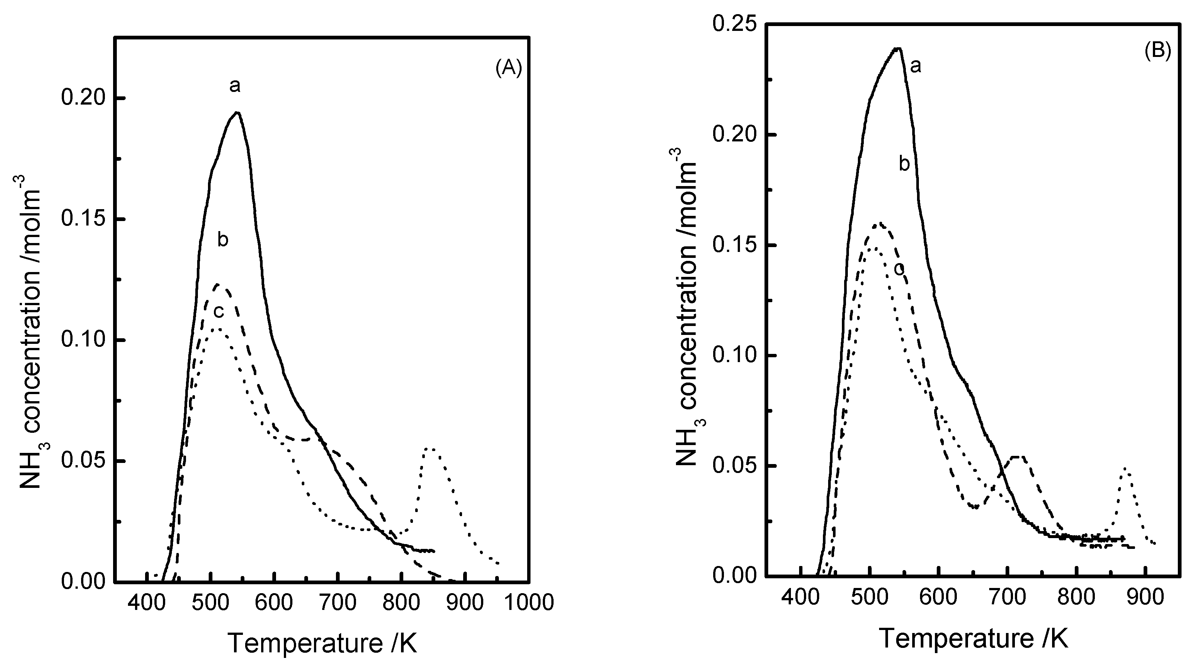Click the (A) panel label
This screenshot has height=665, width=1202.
tap(508, 68)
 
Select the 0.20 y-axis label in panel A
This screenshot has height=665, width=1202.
tap(84, 99)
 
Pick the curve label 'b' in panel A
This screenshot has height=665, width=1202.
tap(222, 240)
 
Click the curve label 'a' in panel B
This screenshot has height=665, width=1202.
tap(916, 66)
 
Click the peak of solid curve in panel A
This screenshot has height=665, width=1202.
tap(237, 112)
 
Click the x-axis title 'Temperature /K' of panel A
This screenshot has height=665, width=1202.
tap(323, 643)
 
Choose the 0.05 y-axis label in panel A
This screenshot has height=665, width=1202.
tap(84, 461)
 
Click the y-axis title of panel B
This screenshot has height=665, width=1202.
tap(688, 308)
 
